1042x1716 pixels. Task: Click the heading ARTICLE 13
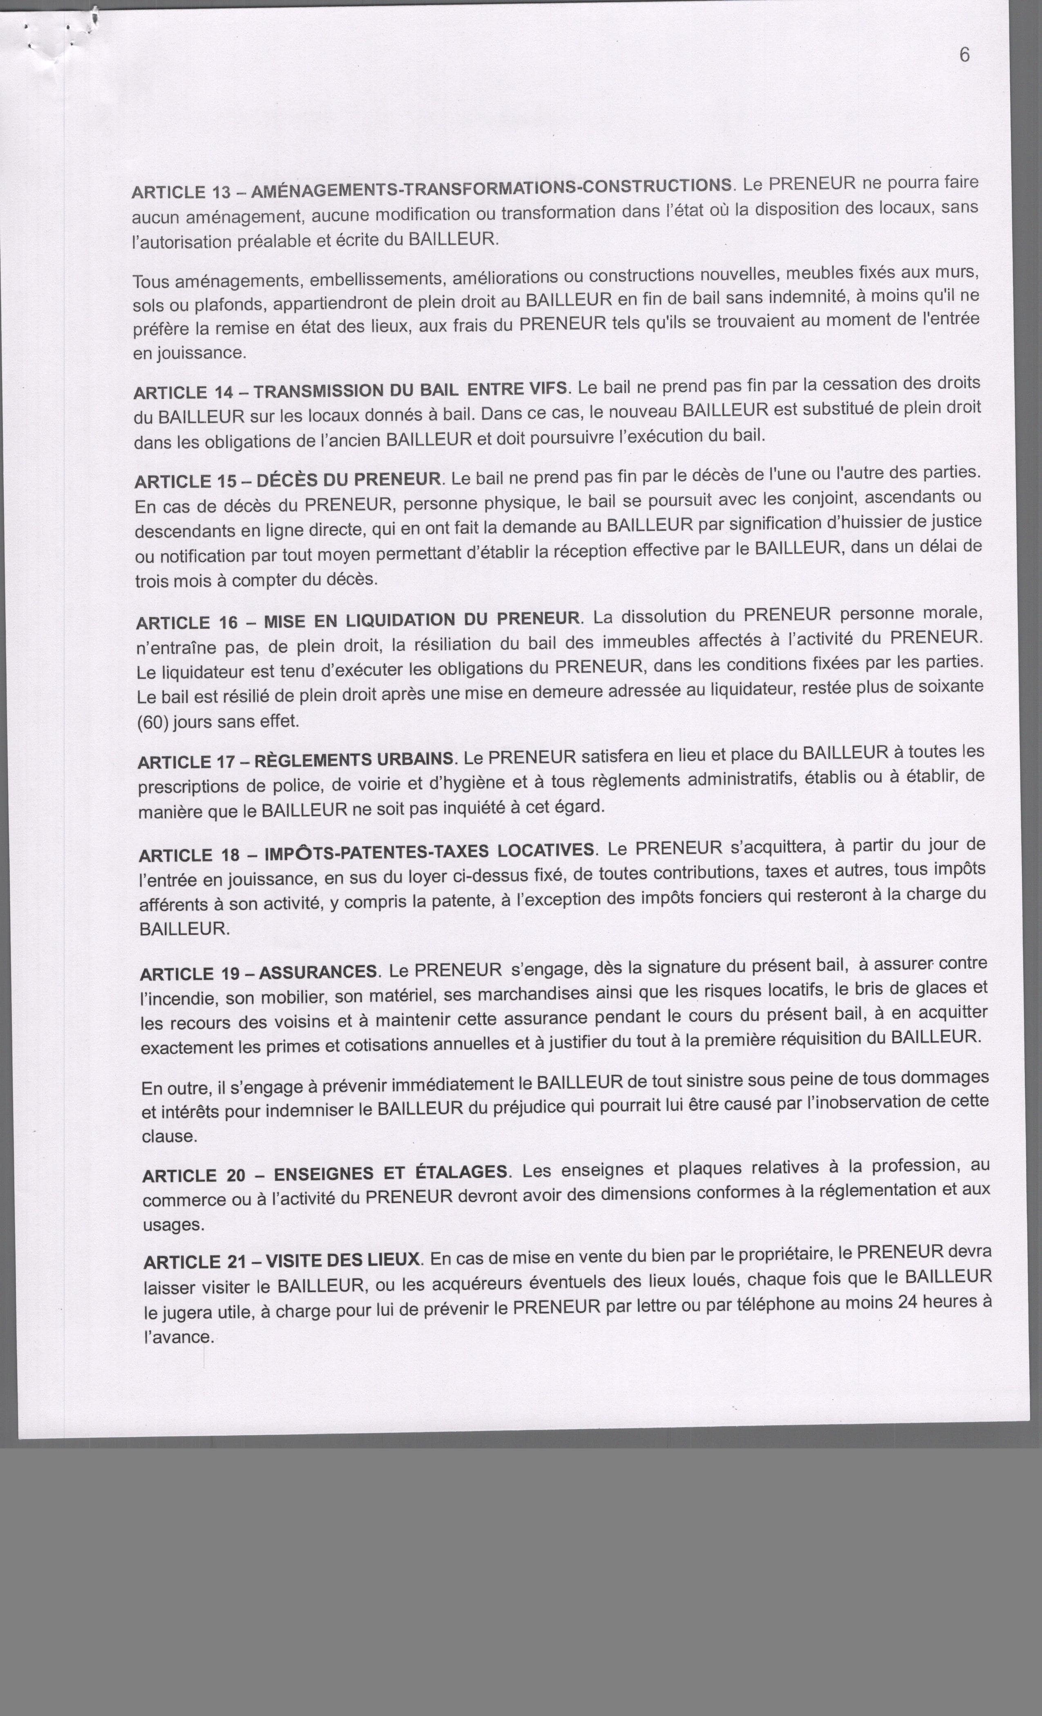[x=181, y=192]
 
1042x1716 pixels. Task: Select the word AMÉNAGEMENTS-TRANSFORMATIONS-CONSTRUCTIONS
[x=491, y=188]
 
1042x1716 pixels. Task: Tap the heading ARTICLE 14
[x=183, y=393]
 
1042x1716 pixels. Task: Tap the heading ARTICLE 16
[x=185, y=623]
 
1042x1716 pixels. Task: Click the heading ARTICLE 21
[x=190, y=1262]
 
